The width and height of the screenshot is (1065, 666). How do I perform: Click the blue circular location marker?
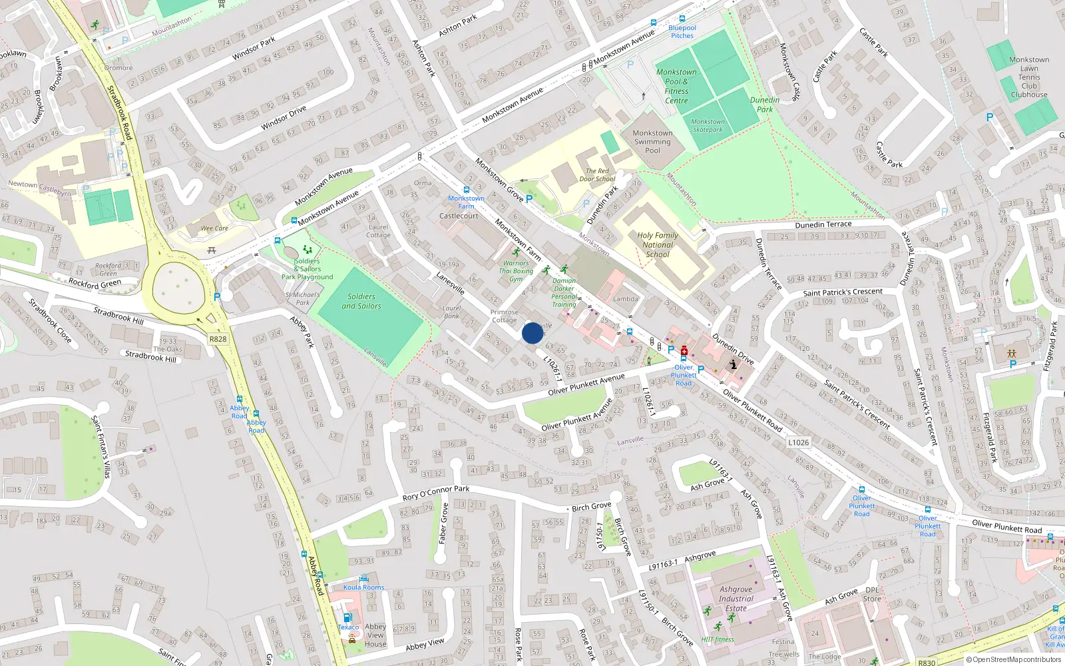(532, 333)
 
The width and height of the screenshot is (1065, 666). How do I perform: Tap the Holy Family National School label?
(658, 244)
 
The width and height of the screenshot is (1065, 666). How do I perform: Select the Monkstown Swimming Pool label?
(652, 141)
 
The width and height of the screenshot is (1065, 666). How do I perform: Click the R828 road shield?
(218, 339)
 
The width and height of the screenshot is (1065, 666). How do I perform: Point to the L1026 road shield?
(798, 442)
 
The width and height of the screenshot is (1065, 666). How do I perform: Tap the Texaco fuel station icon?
(347, 617)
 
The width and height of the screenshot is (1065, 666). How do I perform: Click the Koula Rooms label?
(363, 587)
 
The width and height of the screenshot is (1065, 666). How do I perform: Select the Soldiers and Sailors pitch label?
(361, 301)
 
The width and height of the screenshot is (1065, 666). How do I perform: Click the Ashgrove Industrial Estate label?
(736, 599)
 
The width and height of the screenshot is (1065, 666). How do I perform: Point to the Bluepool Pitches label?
(682, 31)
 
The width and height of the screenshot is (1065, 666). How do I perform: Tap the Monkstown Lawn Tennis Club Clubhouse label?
(1029, 77)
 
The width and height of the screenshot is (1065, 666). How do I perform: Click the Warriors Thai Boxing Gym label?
(516, 271)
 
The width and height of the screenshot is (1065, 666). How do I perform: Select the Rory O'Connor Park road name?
(436, 494)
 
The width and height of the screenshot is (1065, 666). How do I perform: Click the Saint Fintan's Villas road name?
(101, 446)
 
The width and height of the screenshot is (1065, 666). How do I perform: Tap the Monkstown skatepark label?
(708, 125)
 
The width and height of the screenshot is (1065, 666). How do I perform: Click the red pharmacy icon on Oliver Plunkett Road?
(684, 350)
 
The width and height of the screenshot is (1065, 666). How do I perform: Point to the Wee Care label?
(214, 228)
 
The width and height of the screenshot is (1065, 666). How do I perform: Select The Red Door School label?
(597, 175)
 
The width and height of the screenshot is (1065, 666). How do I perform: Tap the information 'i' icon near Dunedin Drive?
(734, 364)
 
